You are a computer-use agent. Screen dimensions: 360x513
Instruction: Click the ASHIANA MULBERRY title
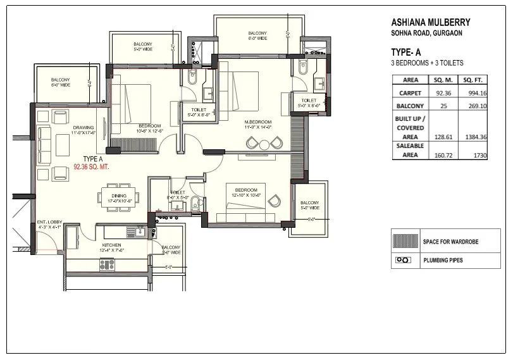tap(431, 22)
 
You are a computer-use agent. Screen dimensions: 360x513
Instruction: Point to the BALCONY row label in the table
tap(410, 106)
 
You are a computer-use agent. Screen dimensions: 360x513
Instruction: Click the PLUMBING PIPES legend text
tap(448, 260)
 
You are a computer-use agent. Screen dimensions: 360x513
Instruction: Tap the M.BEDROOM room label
tap(258, 121)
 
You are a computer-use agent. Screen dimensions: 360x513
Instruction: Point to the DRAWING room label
tap(83, 128)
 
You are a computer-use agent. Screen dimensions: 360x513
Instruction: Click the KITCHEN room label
tap(112, 244)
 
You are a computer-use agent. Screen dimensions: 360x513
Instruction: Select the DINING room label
tap(119, 196)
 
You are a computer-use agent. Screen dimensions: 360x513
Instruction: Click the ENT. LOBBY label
tap(49, 222)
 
